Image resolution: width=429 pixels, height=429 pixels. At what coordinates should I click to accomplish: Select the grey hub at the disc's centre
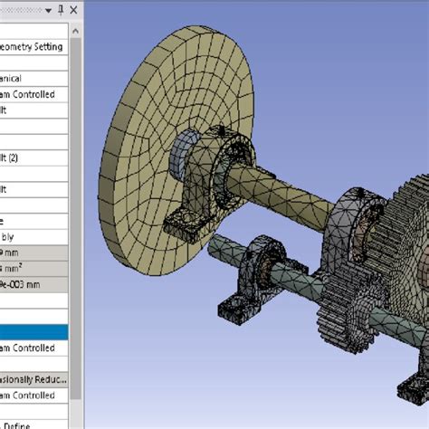[x=185, y=148]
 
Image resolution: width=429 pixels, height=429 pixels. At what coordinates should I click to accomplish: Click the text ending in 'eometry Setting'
[x=32, y=47]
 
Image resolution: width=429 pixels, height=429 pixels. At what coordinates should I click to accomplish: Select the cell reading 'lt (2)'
[x=14, y=157]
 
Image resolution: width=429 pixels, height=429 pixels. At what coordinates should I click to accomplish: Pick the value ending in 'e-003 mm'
[x=23, y=283]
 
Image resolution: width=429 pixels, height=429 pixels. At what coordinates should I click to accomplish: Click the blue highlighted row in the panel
[x=33, y=332]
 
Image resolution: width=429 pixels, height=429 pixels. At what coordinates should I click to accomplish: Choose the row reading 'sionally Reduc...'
[x=33, y=379]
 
